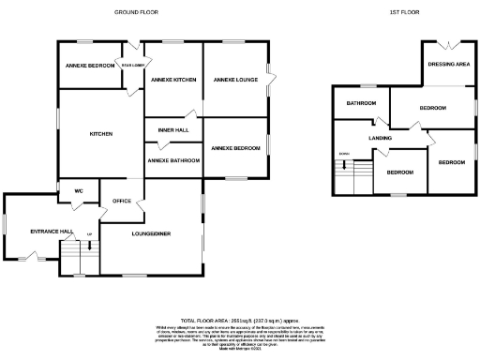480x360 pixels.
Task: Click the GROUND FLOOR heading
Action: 135,12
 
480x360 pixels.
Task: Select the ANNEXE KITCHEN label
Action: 172,80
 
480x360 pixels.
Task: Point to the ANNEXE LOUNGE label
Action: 235,80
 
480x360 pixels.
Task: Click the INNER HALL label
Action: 172,129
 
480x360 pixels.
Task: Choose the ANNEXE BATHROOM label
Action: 173,160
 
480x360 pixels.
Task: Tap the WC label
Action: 80,190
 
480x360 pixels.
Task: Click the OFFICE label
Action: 122,201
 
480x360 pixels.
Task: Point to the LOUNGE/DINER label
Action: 150,232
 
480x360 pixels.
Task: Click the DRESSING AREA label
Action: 448,65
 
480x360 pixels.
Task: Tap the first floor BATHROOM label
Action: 361,102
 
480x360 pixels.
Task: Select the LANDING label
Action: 381,138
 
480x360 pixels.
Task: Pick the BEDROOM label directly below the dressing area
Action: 432,108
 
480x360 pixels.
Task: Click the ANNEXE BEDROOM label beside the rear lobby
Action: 89,67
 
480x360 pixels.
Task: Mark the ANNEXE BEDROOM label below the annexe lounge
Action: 234,148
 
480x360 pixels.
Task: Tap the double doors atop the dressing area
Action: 447,44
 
